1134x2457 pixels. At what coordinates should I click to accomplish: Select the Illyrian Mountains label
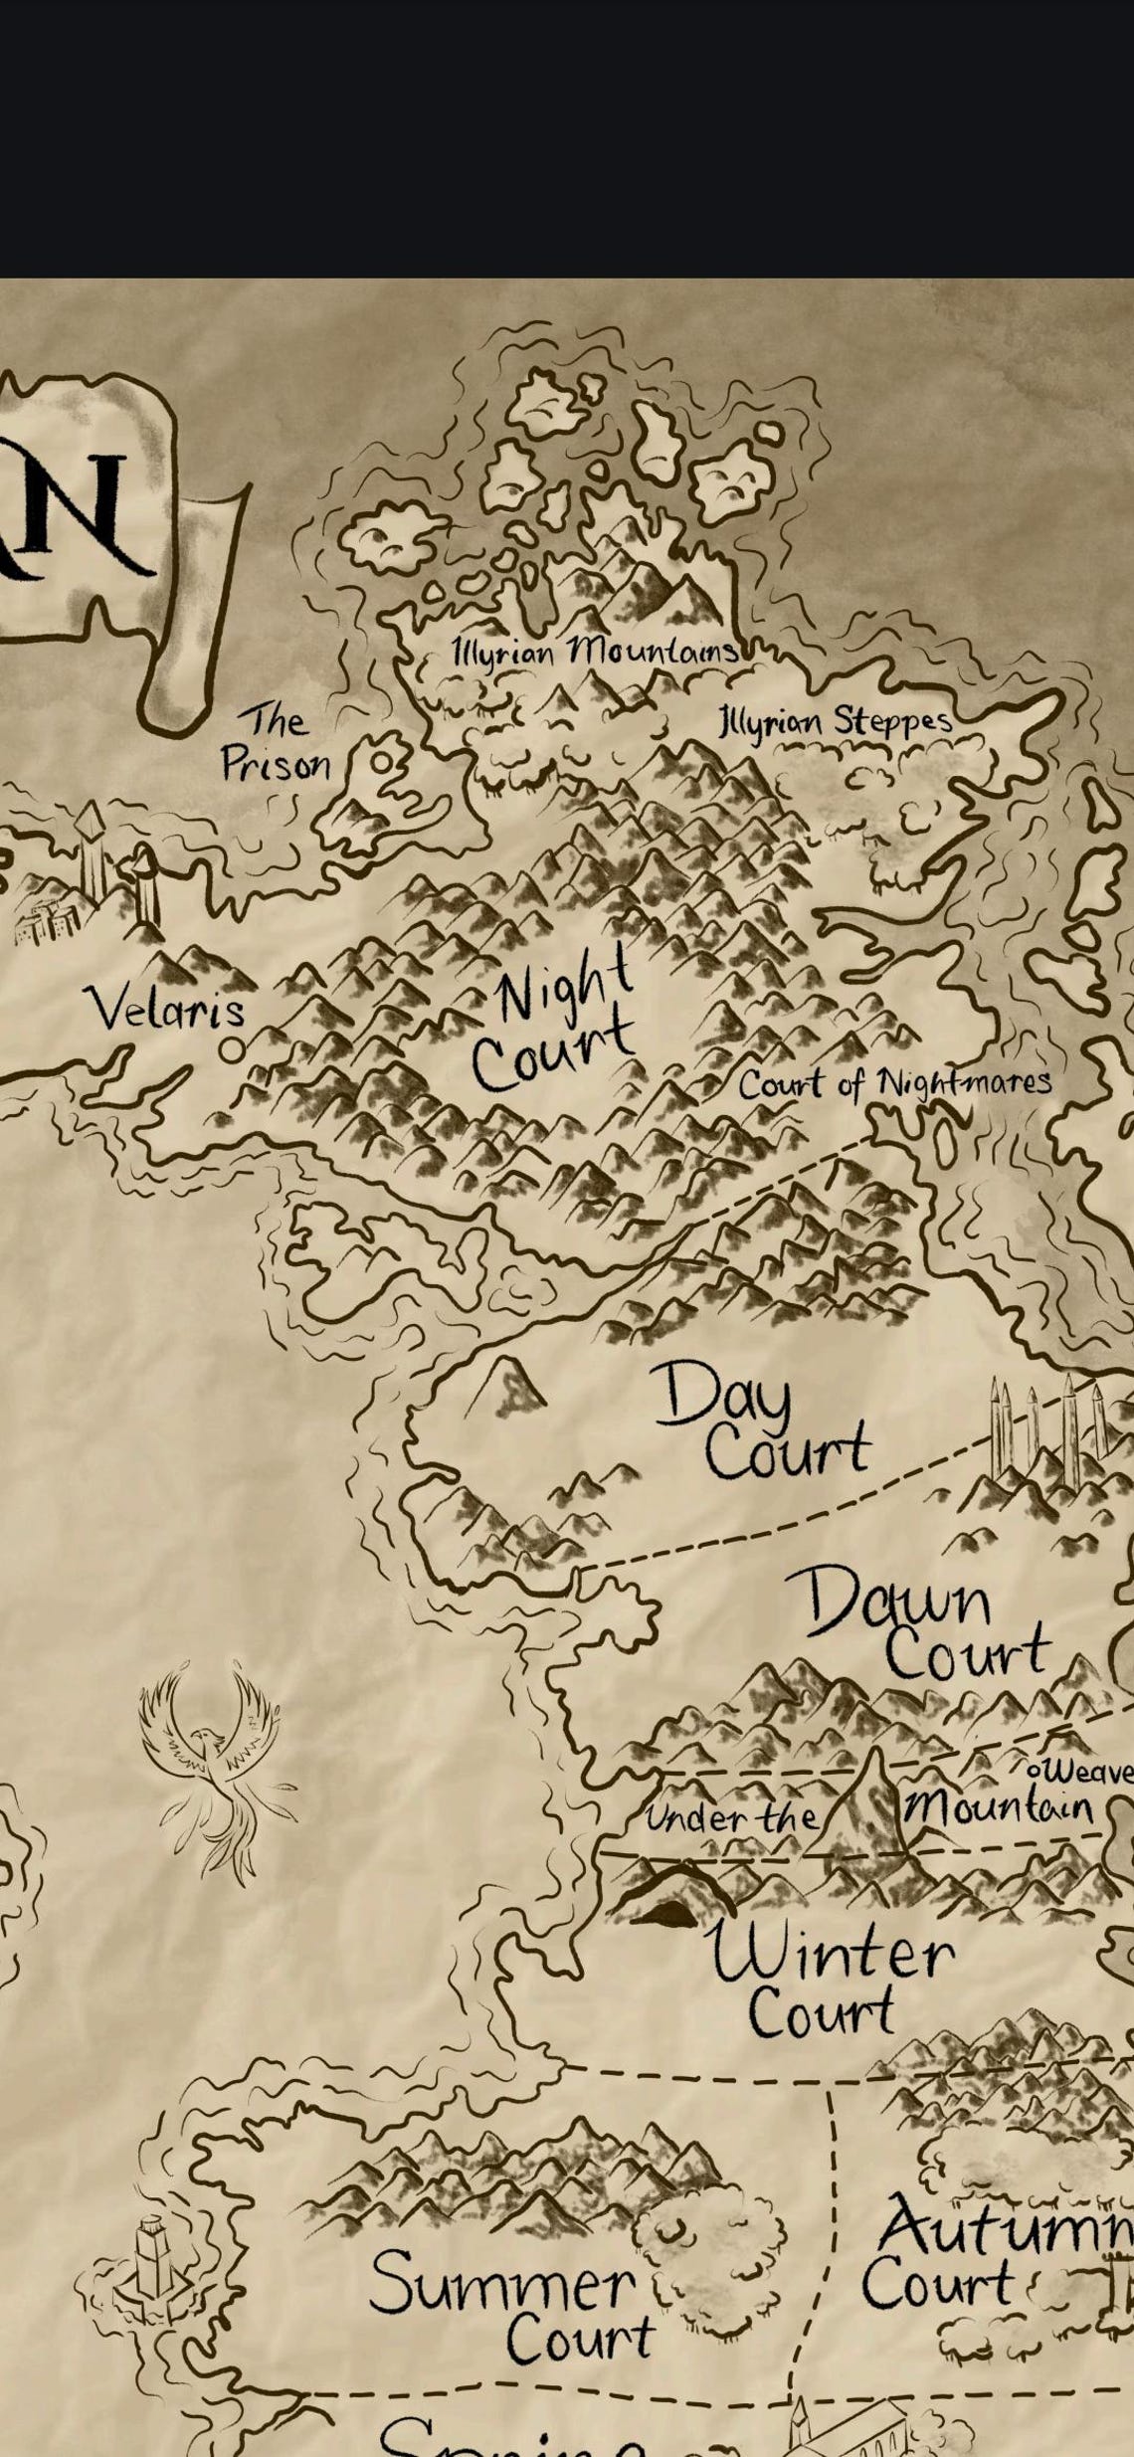pyautogui.click(x=595, y=653)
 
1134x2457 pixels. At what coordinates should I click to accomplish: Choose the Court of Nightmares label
pyautogui.click(x=893, y=1083)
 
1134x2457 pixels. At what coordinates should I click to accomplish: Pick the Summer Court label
pyautogui.click(x=512, y=2308)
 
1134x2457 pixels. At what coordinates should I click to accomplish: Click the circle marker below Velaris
pyautogui.click(x=232, y=1048)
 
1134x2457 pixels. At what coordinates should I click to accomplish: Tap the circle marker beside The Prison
pyautogui.click(x=382, y=763)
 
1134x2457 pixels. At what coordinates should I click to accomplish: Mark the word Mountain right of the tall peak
pyautogui.click(x=999, y=1803)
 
